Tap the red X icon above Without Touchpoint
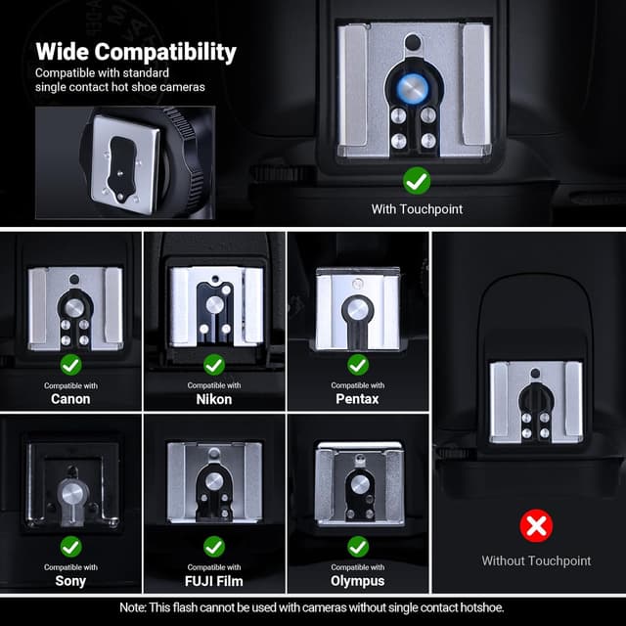pos(536,526)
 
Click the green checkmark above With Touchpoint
pos(417,181)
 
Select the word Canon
pos(70,399)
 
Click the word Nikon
pos(214,399)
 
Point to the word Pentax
pos(357,399)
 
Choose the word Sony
pos(70,581)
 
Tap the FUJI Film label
pos(214,581)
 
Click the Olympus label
pos(358,581)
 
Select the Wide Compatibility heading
pos(136,52)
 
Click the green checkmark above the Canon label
pos(71,365)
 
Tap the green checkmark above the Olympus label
pos(358,547)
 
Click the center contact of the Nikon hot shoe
pos(215,305)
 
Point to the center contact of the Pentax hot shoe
pos(357,309)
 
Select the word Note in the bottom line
pos(133,607)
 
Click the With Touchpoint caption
pos(417,209)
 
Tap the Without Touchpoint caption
pos(536,560)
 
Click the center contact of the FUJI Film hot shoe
pos(214,481)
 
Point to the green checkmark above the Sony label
pos(71,547)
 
